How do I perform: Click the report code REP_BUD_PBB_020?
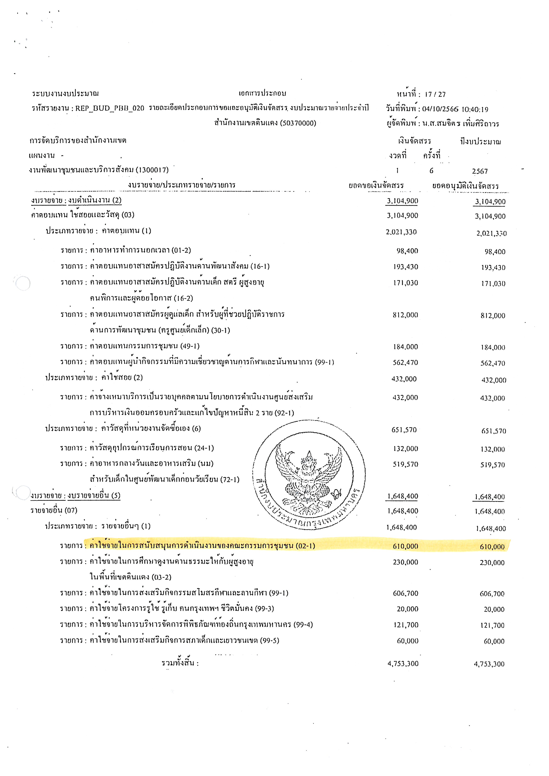110,108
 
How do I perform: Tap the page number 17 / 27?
435,95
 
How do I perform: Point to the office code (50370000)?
298,123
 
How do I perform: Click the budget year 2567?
480,171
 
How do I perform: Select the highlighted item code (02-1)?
305,546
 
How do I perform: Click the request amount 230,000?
405,562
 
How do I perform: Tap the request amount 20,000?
407,609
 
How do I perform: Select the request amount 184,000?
405,347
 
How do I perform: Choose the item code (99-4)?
303,625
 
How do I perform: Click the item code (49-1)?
190,346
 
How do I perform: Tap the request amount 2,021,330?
401,232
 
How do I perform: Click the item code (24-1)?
204,448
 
